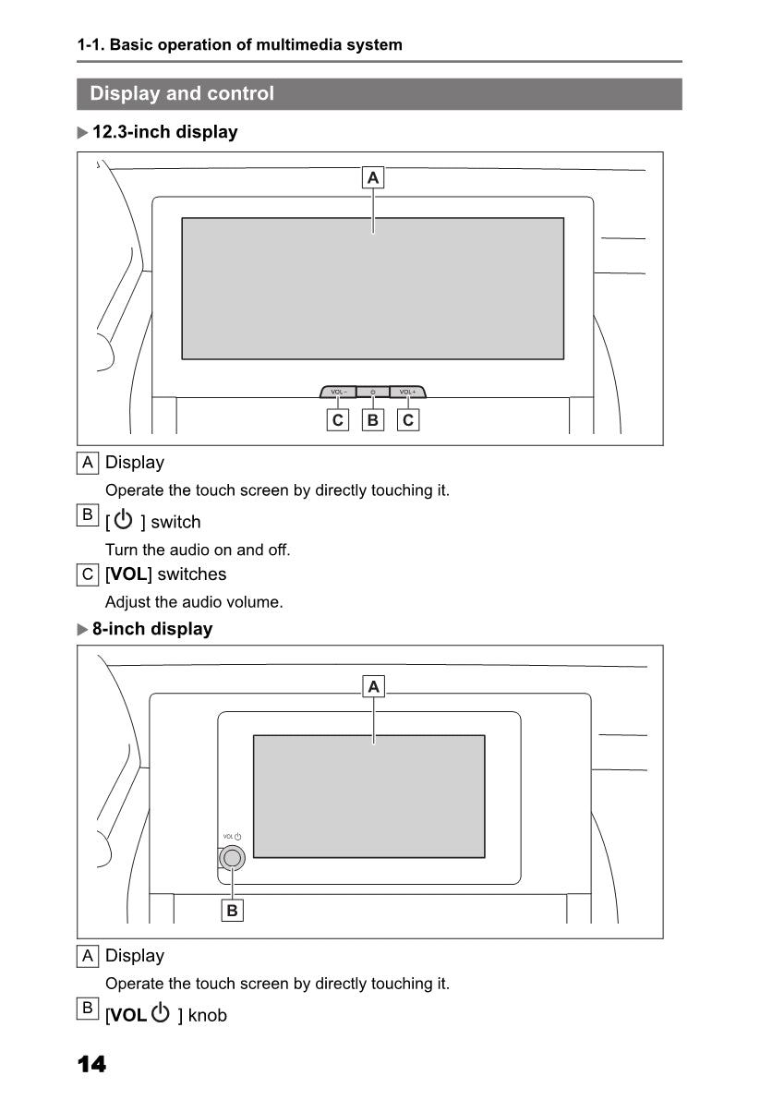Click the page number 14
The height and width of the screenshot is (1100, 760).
(91, 1065)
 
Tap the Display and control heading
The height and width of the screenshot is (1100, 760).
(182, 93)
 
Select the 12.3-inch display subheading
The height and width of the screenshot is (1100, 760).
(164, 132)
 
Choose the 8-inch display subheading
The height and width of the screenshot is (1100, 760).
(151, 629)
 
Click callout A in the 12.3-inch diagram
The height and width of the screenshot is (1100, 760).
(373, 177)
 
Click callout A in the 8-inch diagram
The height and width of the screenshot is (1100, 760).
(373, 686)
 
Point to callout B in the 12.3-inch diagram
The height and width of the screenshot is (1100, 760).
(373, 420)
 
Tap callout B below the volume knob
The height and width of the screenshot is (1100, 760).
(232, 911)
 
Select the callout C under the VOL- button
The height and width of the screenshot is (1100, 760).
(338, 420)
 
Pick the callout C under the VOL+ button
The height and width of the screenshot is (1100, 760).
(407, 420)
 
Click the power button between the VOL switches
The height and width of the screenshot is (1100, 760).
(373, 393)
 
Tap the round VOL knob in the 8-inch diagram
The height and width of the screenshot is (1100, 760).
(232, 858)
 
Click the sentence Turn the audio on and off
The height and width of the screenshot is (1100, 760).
(198, 550)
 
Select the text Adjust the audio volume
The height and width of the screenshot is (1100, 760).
(194, 602)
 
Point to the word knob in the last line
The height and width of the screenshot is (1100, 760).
(207, 1016)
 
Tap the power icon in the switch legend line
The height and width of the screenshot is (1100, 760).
(124, 521)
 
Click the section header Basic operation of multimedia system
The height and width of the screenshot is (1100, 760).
(240, 44)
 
